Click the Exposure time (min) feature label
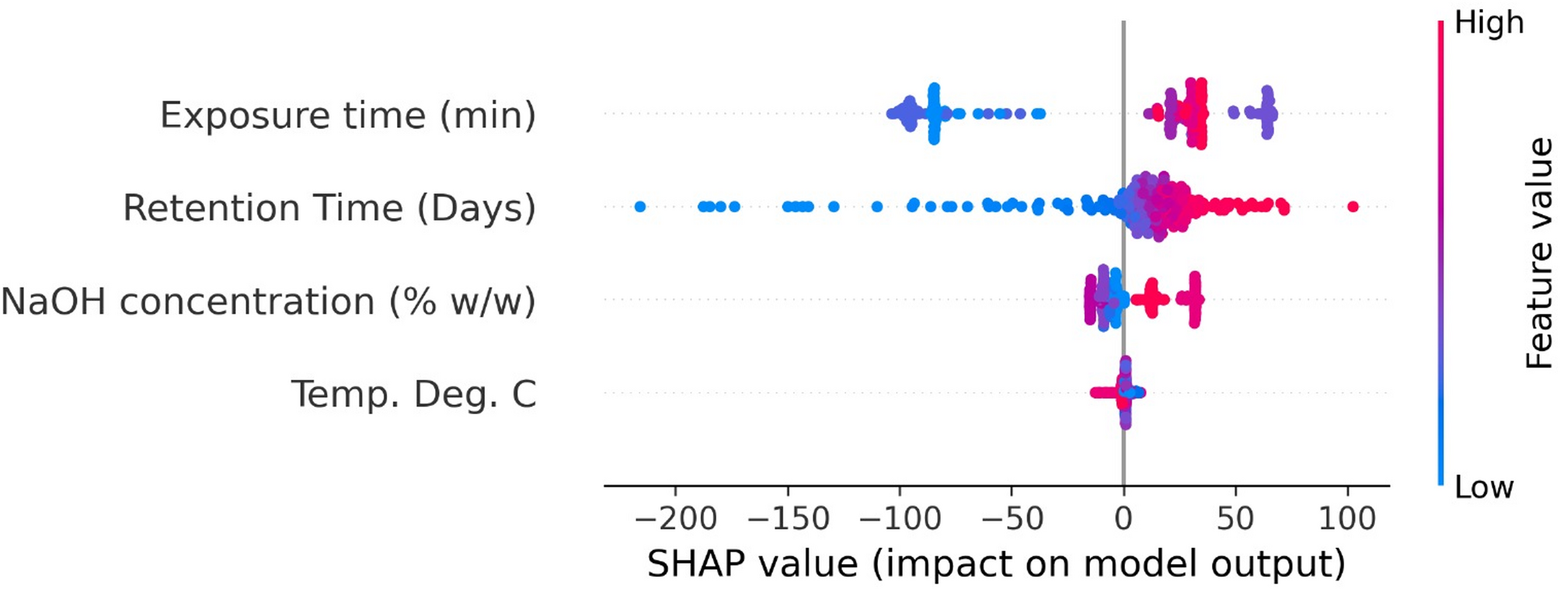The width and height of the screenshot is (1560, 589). pos(347,115)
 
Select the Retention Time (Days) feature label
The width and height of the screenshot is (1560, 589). pos(329,208)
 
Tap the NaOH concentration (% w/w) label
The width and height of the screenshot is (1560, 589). pos(268,301)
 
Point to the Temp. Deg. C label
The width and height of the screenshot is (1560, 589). pos(413,394)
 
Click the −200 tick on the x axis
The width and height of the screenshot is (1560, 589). pos(675,518)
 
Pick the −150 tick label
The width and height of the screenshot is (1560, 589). pos(788,518)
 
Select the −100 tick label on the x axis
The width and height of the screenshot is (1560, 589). pos(900,518)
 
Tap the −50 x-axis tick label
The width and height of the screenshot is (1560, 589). pos(1012,518)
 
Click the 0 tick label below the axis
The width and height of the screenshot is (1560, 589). pos(1123,518)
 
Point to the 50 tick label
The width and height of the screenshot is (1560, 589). pos(1235,518)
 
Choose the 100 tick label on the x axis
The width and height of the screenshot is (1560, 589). pos(1347,518)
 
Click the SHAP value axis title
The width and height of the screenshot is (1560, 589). pos(996,563)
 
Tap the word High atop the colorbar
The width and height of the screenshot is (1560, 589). pos(1489,23)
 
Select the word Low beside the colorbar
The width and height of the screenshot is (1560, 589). pos(1484,487)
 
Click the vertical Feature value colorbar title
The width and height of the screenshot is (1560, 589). pos(1538,253)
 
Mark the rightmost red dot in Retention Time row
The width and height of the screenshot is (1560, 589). pos(1353,206)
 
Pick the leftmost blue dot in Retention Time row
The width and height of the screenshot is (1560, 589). pos(640,207)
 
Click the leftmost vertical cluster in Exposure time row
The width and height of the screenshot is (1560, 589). pos(934,114)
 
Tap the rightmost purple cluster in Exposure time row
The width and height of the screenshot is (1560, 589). pos(1267,113)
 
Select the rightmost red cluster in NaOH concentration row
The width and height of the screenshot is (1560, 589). pos(1194,299)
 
